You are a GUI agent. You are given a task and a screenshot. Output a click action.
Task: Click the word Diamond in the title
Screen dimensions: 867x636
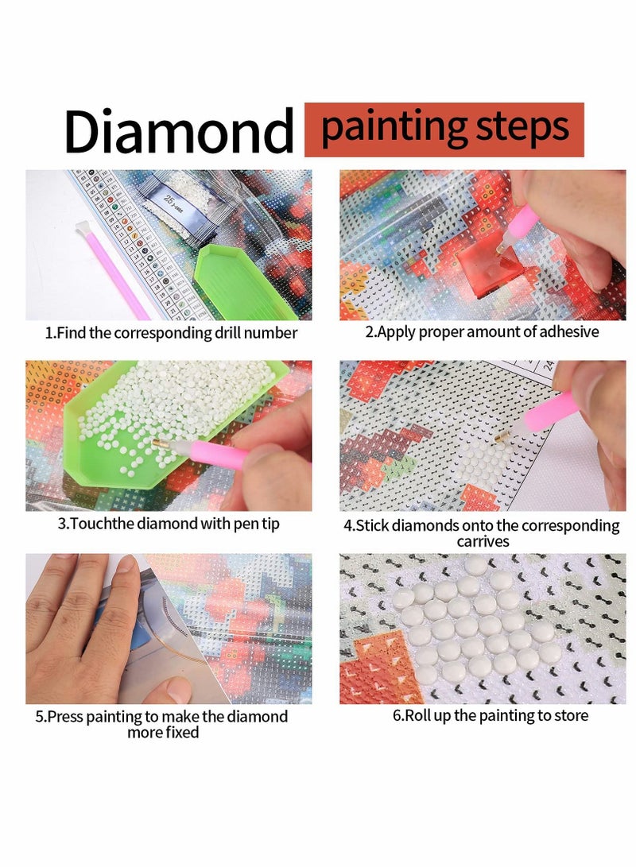coord(179,131)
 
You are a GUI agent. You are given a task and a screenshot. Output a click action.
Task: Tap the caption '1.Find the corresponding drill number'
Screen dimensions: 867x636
coord(170,333)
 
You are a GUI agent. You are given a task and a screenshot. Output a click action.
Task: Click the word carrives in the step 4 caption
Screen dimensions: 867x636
coord(483,541)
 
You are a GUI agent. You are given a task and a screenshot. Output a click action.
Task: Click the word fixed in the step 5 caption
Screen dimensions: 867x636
coord(181,732)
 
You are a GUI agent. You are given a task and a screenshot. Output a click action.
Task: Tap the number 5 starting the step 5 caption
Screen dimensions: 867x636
coord(39,716)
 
